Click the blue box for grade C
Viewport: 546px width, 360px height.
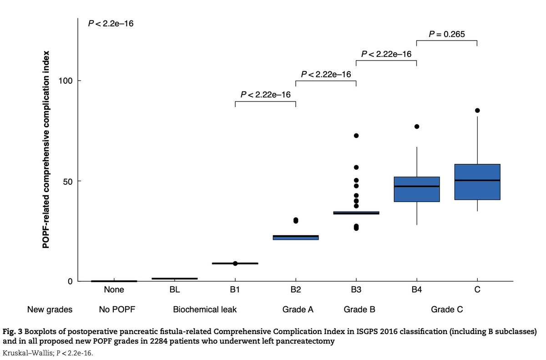(477, 182)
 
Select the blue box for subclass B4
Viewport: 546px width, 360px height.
(416, 189)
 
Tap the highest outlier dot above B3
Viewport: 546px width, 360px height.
(356, 136)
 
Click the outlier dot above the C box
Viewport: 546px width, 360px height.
(477, 110)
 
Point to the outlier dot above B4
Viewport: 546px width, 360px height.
(416, 127)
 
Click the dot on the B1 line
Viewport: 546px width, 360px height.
(235, 264)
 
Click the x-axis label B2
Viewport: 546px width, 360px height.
(296, 289)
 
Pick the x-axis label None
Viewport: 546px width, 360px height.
(114, 289)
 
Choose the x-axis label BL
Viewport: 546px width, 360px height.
(174, 289)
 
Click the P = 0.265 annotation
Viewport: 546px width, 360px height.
(447, 34)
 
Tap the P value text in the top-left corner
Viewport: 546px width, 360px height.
(111, 22)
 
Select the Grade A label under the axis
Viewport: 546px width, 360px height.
(298, 310)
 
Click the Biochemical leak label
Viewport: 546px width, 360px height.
(205, 310)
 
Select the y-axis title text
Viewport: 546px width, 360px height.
(46, 150)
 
